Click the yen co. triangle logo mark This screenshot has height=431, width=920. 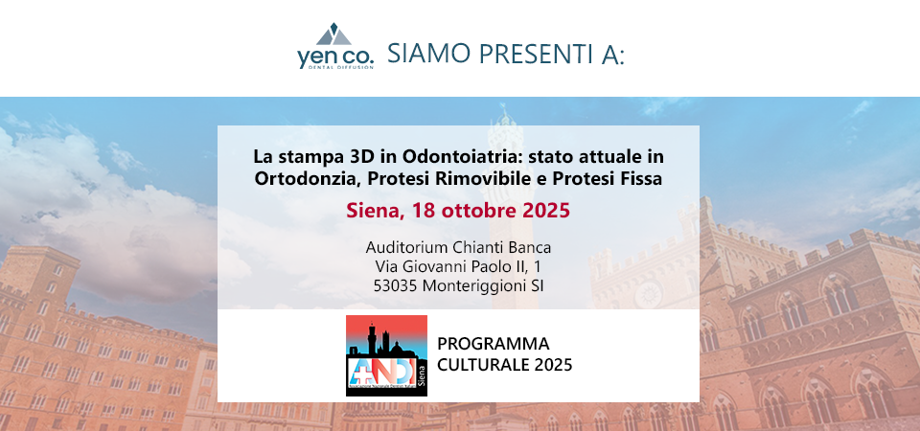tap(333, 34)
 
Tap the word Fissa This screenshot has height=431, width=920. tap(641, 179)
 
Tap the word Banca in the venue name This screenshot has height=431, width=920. tap(531, 247)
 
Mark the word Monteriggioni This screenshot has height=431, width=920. tap(474, 286)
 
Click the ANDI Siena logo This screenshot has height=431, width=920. tap(386, 356)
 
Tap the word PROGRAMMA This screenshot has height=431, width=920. tap(494, 343)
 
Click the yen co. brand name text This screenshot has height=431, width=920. tap(335, 57)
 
